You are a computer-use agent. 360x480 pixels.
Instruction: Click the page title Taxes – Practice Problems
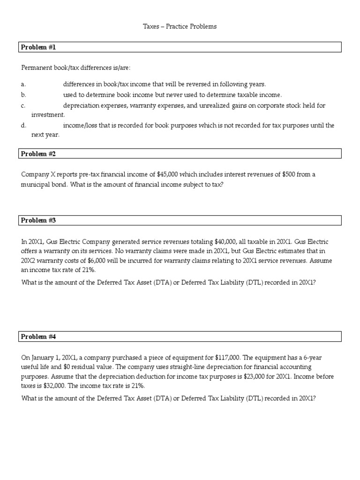pyautogui.click(x=180, y=27)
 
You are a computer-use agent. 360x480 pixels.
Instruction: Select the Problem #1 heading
pyautogui.click(x=39, y=47)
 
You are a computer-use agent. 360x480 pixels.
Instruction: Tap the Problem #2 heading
pyautogui.click(x=39, y=154)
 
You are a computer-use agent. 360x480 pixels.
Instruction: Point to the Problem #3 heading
pyautogui.click(x=39, y=220)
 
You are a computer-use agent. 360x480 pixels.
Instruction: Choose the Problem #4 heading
pyautogui.click(x=39, y=337)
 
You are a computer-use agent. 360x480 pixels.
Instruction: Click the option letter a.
pyautogui.click(x=23, y=84)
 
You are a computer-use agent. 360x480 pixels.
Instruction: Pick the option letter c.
pyautogui.click(x=23, y=105)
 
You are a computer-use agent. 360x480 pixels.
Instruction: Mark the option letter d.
pyautogui.click(x=23, y=126)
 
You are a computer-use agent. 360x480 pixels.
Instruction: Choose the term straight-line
pyautogui.click(x=147, y=367)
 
